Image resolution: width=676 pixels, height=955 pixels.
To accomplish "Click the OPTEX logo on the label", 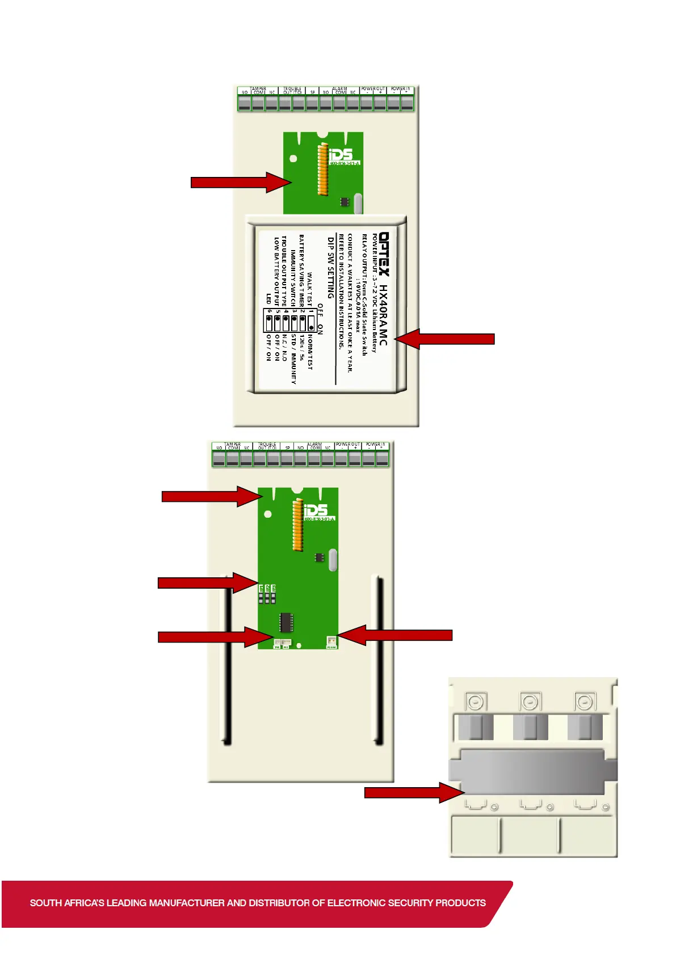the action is (x=384, y=253).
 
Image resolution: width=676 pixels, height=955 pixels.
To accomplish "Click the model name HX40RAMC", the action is (x=384, y=315).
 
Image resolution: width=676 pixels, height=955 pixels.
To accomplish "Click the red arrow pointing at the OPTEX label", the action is (x=445, y=339).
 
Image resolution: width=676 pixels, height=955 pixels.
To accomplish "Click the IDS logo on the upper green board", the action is (x=341, y=154).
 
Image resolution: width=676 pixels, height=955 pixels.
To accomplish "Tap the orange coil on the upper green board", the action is (x=323, y=169).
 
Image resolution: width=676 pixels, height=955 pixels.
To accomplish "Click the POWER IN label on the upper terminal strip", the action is (x=399, y=88).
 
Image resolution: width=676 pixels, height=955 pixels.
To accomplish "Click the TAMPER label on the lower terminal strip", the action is (x=233, y=444).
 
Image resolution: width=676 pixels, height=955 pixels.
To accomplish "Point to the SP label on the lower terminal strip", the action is (x=288, y=448).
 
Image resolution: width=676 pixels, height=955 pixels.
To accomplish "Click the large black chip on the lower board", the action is (x=286, y=622).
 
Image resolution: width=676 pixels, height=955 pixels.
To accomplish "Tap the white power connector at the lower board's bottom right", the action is (x=331, y=641).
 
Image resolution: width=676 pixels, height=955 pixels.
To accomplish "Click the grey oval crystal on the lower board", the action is (x=333, y=560).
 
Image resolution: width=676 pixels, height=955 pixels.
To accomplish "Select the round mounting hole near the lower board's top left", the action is (x=268, y=514).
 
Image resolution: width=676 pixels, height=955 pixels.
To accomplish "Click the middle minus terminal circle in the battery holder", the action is (x=530, y=703).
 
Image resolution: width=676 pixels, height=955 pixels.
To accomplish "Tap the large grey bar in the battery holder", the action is (x=532, y=771).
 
